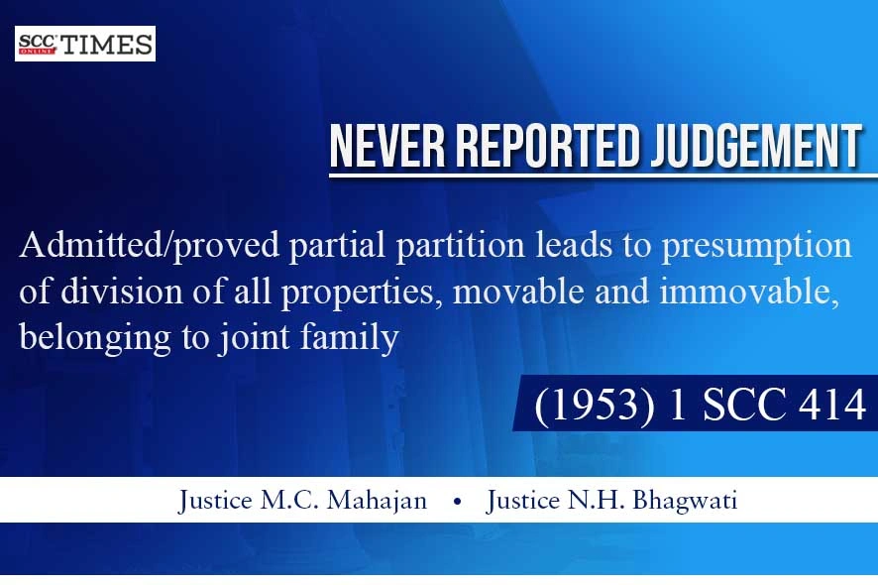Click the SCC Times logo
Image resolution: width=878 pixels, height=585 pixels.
[85, 44]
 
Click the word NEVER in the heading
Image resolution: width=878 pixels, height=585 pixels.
[386, 146]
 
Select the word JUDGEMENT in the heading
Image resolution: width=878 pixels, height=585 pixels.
[756, 146]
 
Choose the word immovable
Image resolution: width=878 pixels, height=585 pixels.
[749, 292]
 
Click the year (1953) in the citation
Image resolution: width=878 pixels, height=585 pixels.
[595, 404]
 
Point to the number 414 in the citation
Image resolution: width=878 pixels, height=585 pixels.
[832, 404]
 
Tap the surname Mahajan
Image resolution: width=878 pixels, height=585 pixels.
[377, 501]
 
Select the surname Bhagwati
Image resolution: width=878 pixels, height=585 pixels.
[685, 501]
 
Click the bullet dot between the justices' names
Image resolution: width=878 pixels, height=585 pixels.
[458, 502]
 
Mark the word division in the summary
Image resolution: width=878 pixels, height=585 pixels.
[121, 292]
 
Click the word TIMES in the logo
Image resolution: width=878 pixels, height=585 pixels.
[107, 45]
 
